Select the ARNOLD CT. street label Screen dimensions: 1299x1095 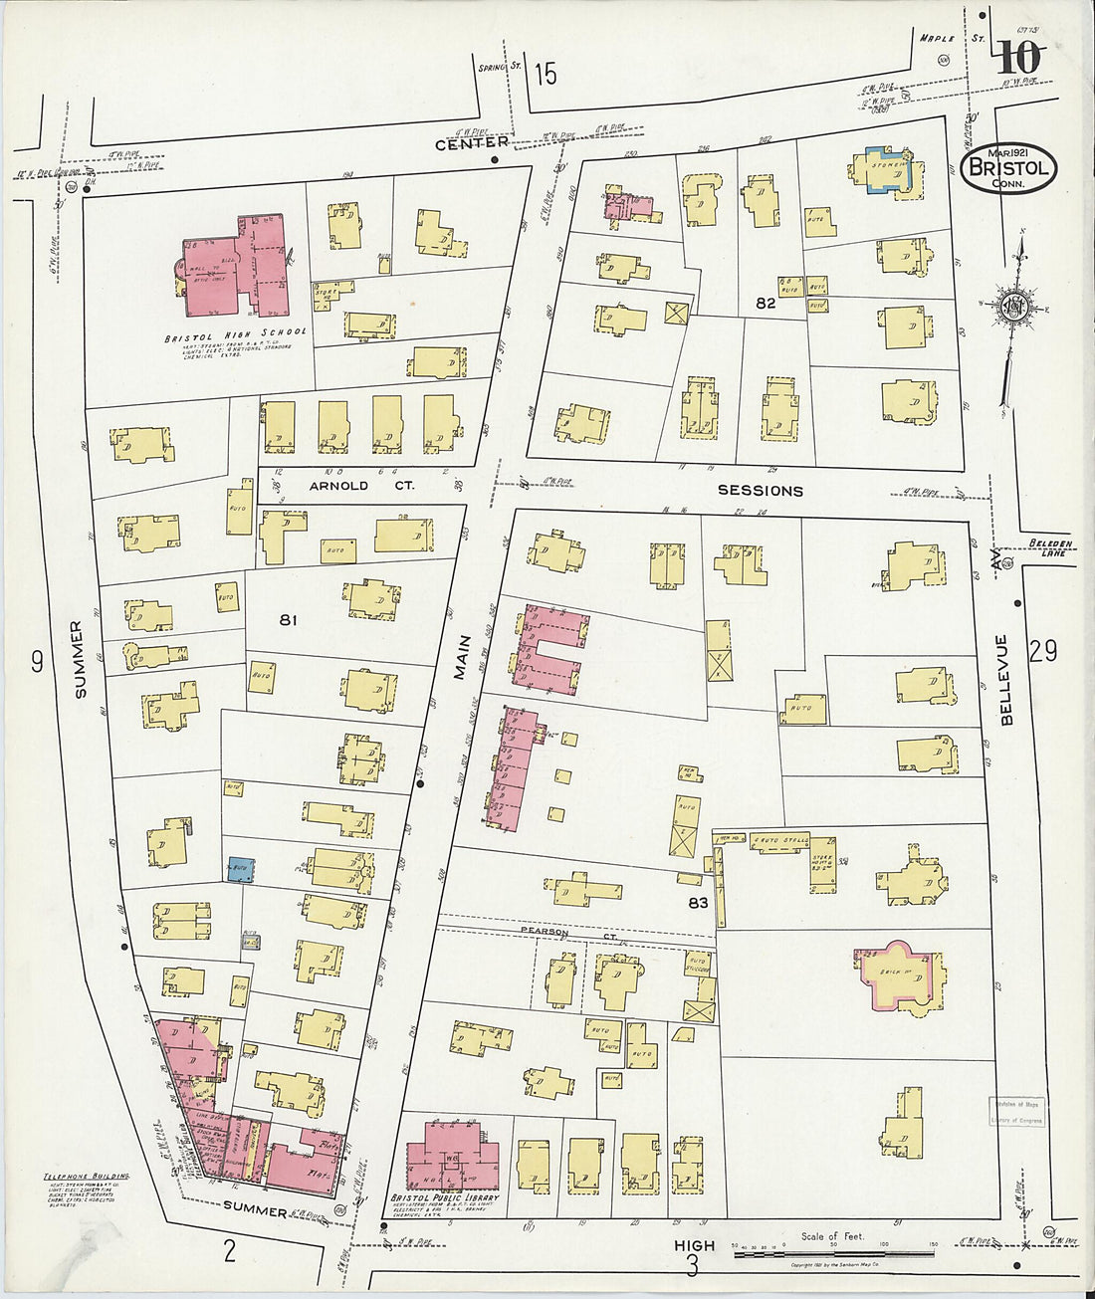click(x=338, y=486)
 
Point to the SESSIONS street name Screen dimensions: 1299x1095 click(x=760, y=491)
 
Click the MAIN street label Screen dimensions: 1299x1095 click(x=461, y=658)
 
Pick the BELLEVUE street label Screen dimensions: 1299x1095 click(x=1004, y=679)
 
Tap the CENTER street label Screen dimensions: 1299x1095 click(x=472, y=142)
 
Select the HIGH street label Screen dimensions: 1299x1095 click(x=694, y=1245)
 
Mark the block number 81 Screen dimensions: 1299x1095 click(x=288, y=620)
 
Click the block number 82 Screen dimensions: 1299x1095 click(x=765, y=304)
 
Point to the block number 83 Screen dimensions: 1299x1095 click(x=697, y=903)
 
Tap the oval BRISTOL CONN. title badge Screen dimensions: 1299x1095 click(x=1009, y=167)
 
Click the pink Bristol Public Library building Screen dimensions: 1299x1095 click(x=454, y=1156)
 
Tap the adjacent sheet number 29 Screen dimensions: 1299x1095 click(x=1042, y=651)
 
